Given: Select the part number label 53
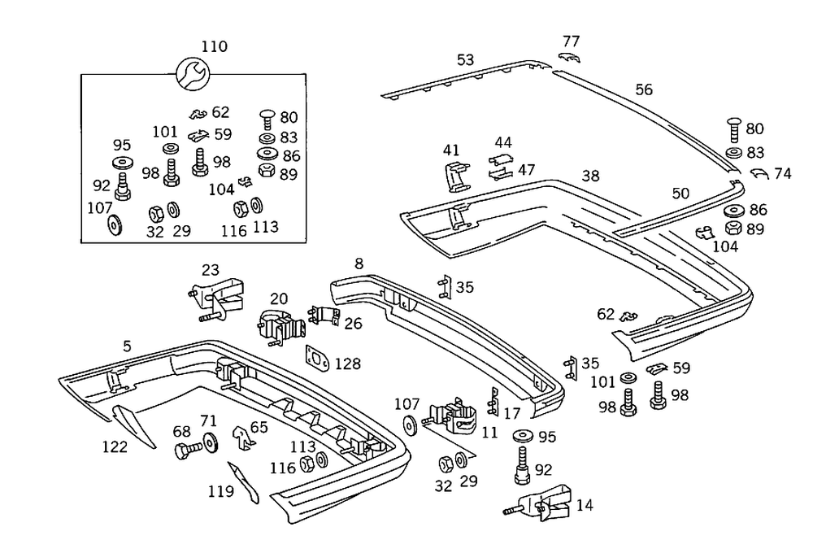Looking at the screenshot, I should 465,60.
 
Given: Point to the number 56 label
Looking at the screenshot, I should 644,90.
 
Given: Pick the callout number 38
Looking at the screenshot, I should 591,176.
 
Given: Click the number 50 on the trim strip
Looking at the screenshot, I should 680,193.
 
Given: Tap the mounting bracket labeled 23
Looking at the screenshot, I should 220,297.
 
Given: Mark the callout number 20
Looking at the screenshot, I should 279,298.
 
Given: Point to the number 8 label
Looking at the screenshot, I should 359,263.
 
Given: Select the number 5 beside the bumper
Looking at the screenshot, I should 127,346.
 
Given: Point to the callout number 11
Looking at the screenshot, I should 489,433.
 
